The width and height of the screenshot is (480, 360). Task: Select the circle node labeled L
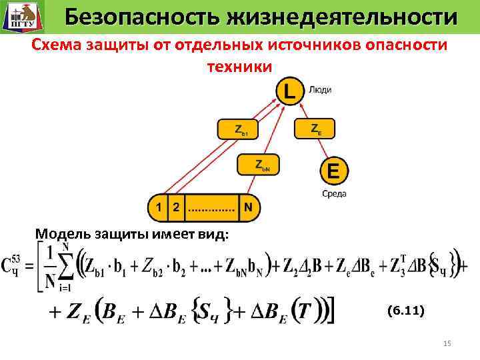[289, 91]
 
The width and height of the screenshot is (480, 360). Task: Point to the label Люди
[320, 89]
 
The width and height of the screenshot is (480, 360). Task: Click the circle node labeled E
[333, 172]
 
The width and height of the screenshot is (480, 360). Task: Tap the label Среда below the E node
[334, 194]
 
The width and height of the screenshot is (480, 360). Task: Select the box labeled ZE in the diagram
[316, 129]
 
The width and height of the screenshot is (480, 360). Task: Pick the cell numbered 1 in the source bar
[157, 207]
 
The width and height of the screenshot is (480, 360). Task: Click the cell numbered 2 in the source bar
[175, 207]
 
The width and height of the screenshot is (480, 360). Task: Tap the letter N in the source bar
[247, 207]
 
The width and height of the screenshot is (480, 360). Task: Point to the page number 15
[447, 343]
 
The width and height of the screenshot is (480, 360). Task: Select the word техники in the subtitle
[239, 67]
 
